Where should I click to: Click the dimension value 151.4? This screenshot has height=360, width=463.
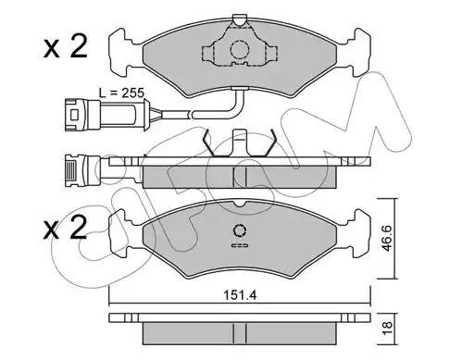[240, 295]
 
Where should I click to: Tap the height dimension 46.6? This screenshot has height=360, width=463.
[387, 238]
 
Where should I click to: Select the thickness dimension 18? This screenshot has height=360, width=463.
[387, 328]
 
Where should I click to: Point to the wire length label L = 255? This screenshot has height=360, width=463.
[121, 93]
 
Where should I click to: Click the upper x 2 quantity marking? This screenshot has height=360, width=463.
[65, 47]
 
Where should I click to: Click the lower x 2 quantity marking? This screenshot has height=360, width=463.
[65, 229]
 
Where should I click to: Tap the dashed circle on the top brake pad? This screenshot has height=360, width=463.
[240, 49]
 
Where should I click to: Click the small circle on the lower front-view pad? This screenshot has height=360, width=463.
[240, 230]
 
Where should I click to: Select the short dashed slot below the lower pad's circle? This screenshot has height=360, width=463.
[240, 245]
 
